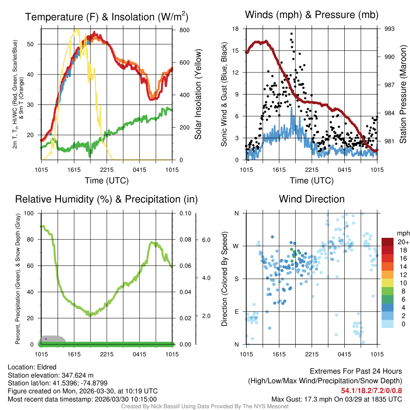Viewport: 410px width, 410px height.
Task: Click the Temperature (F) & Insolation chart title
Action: coord(107,17)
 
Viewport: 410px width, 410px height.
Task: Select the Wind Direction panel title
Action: coord(312,199)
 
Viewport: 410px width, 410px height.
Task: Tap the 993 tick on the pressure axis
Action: coord(390,29)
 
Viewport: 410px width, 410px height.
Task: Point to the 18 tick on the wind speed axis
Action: coord(235,29)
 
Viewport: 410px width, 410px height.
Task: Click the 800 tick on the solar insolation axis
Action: coord(185,30)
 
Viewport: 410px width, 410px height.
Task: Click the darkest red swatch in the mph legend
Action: coord(388,242)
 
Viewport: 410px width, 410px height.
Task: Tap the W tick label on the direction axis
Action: coord(236,246)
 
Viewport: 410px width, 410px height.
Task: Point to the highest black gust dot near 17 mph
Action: coord(291,34)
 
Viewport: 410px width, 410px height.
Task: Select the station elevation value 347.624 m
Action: coord(77,375)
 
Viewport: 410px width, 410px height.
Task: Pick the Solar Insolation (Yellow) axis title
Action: coord(198,94)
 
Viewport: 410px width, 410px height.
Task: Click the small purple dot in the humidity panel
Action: coord(46,339)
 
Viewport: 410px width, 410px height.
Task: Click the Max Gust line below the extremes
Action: coord(336,399)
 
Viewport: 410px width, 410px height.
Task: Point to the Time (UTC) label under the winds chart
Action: coord(312,181)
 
